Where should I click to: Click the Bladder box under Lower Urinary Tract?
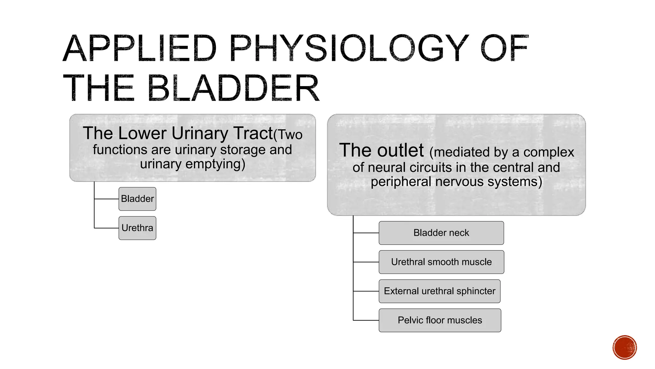click(137, 199)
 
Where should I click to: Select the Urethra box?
click(137, 228)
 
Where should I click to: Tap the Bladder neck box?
click(441, 233)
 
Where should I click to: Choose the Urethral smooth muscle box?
click(441, 262)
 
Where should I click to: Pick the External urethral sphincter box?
click(439, 291)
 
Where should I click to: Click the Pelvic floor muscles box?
click(440, 320)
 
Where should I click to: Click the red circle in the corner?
click(625, 348)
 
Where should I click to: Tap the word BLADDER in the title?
click(233, 88)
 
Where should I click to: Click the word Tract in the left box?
click(253, 133)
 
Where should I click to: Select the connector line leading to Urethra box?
click(107, 228)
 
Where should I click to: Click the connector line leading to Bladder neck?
click(366, 233)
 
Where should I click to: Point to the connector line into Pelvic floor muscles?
click(366, 320)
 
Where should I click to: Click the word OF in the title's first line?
click(504, 49)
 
